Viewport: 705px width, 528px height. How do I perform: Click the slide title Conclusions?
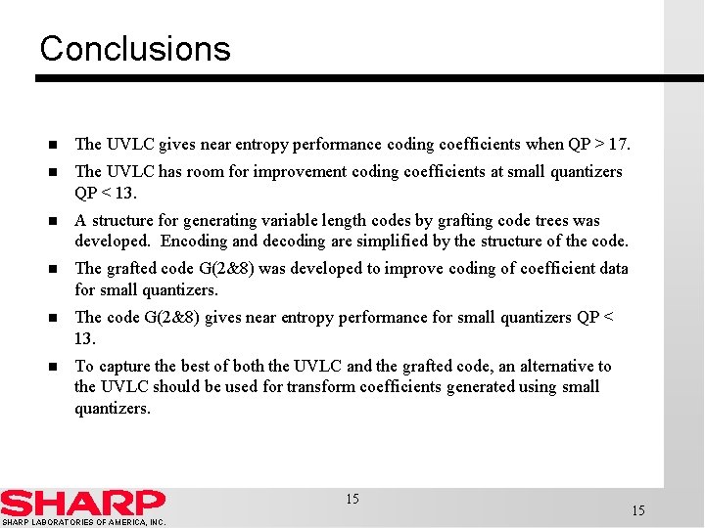[135, 49]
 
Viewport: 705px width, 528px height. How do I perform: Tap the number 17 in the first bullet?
[618, 145]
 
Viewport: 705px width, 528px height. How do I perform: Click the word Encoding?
[194, 242]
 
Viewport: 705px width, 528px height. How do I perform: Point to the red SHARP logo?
[82, 503]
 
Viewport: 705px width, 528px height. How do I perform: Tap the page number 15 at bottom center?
[352, 500]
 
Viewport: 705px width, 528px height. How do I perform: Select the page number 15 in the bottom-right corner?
[638, 510]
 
